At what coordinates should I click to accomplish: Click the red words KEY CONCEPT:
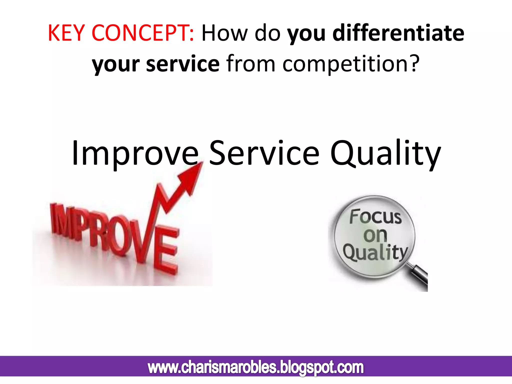pos(121,33)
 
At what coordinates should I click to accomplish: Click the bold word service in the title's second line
pos(183,64)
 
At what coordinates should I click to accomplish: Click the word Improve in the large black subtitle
pos(135,153)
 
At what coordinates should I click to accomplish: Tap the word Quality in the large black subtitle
pos(385,153)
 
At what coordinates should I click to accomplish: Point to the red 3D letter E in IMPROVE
pos(166,250)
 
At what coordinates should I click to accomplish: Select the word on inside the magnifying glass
pos(375,235)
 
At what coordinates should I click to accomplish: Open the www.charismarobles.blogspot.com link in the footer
pos(255,367)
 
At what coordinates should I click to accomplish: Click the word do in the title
pos(267,33)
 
